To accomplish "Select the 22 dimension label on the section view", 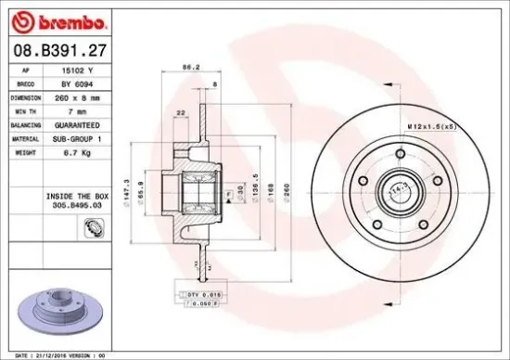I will tap(180, 114).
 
